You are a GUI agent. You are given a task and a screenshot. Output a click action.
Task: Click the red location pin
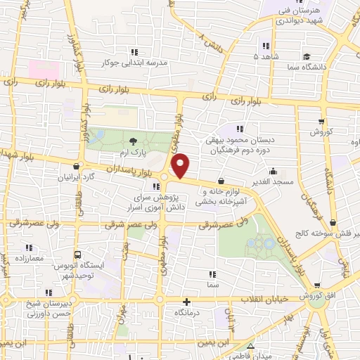click(x=181, y=166)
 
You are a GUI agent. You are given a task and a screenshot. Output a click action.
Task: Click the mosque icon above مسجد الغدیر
click(x=273, y=169)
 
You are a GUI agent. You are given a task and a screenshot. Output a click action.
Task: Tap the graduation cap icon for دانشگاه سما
click(x=307, y=56)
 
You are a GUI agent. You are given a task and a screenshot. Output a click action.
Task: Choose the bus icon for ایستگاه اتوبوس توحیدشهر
click(x=77, y=255)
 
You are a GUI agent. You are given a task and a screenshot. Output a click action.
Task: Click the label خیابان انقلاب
click(x=266, y=299)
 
